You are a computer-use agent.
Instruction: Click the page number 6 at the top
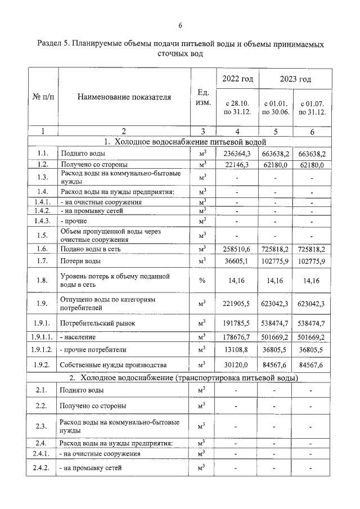180,25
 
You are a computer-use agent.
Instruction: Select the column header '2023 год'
296,79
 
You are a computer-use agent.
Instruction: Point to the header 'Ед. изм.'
204,97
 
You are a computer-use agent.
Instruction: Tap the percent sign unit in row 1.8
202,281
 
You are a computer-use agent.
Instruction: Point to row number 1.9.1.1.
43,337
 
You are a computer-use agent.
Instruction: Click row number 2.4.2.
43,467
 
